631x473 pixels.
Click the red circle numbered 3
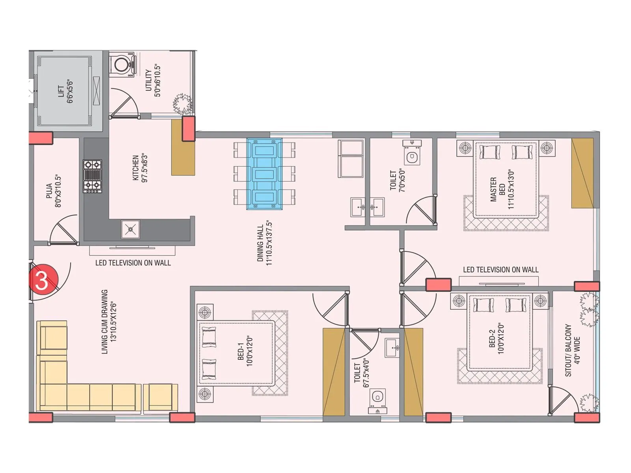pos(43,280)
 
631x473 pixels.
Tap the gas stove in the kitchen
pos(92,176)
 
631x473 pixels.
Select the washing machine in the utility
pos(121,64)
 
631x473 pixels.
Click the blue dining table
pos(264,173)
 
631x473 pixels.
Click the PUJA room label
pos(53,191)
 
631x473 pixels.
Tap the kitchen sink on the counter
pos(130,229)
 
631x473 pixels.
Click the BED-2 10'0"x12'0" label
pos(497,339)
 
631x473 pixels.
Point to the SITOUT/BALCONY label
pos(572,350)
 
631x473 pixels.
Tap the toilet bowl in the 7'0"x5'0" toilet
pos(412,156)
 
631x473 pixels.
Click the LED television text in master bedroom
pos(500,270)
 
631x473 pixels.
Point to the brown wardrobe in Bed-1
pos(334,372)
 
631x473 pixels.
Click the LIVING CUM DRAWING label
pos(109,322)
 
